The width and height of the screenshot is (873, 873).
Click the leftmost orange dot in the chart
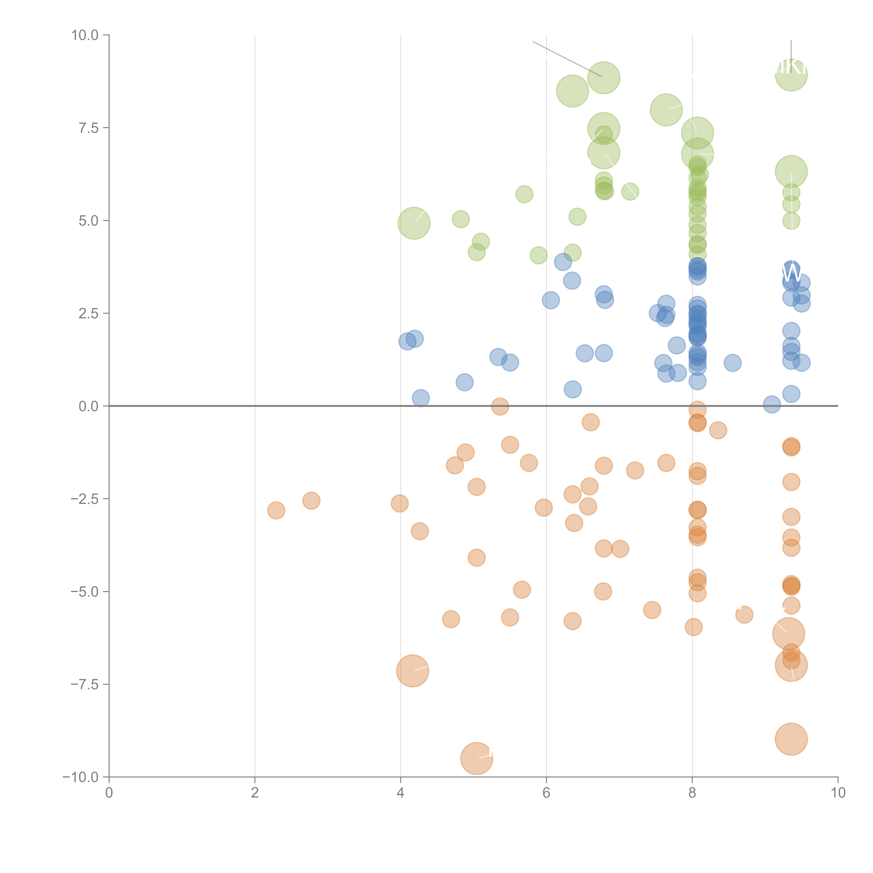[276, 511]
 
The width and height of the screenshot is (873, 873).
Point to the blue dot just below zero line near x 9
[772, 404]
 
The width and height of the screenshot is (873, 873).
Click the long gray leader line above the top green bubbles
[567, 59]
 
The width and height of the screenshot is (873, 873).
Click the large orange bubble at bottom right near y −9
[791, 739]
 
